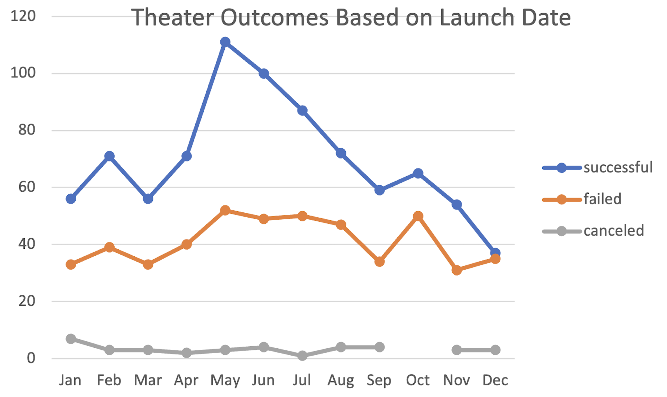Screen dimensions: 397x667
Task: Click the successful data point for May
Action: (x=225, y=42)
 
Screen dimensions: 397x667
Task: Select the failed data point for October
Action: (x=418, y=216)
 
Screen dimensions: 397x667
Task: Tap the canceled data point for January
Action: (x=71, y=339)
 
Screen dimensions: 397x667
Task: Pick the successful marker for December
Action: (x=495, y=252)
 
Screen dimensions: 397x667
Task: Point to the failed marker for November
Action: (x=457, y=270)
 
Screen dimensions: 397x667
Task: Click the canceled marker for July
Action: (x=302, y=356)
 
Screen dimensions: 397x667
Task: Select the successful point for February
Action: (x=109, y=156)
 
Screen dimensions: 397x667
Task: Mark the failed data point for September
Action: (x=379, y=261)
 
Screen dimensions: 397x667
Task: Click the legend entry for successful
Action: (x=618, y=168)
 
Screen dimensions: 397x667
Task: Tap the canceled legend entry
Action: (x=614, y=231)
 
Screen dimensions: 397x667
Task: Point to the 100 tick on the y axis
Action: (x=23, y=73)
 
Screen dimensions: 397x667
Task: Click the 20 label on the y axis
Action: (x=27, y=301)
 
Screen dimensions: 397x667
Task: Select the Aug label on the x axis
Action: (x=341, y=380)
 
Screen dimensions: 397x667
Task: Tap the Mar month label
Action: (x=148, y=380)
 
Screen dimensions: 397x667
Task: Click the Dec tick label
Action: (x=495, y=380)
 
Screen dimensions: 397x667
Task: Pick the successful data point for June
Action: (x=264, y=74)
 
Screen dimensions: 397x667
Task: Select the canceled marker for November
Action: (x=457, y=350)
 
